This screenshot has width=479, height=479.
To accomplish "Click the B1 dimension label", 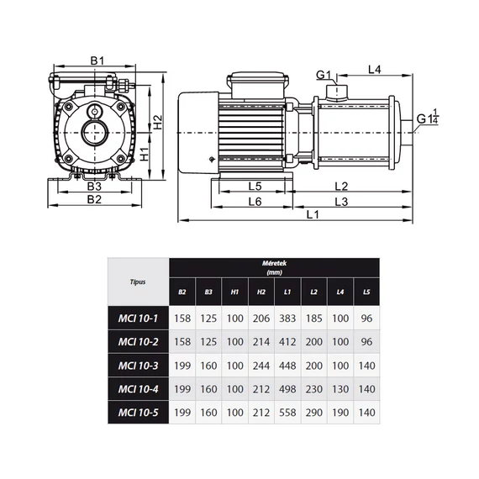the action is point(97,61).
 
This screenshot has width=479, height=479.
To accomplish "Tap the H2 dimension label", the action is point(158,122).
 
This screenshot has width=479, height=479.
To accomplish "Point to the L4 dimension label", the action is point(375,70).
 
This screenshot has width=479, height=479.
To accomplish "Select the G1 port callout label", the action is point(324,75).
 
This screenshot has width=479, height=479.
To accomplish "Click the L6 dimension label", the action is point(255,202).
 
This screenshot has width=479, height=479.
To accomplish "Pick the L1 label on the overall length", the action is point(313,215).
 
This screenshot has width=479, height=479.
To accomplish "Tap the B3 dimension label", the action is point(94,186).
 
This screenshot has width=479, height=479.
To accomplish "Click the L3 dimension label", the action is point(341,202).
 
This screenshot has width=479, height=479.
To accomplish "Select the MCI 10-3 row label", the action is point(139,366).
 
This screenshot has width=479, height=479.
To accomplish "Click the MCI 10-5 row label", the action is point(139,413).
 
